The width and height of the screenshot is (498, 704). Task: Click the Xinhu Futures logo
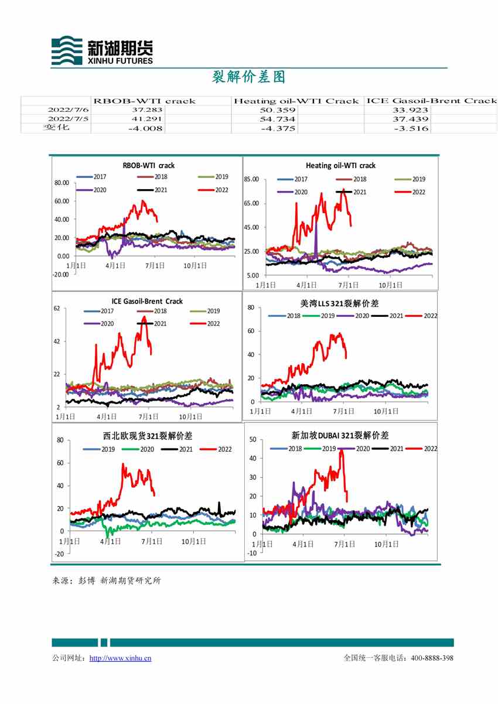coord(102,50)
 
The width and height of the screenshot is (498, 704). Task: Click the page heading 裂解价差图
coord(248,77)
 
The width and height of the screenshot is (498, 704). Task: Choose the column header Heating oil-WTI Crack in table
coord(295,101)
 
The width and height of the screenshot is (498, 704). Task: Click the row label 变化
coord(56,128)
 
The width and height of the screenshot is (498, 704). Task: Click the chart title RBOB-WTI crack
coord(148,166)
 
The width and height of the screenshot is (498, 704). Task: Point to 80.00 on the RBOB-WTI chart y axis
coord(61,183)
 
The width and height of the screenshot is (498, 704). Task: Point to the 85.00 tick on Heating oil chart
coord(251,179)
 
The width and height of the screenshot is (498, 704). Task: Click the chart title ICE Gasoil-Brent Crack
coord(146,301)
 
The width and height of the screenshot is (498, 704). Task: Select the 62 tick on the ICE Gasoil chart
coord(57,308)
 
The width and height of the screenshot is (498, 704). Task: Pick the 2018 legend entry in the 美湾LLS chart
coord(287,316)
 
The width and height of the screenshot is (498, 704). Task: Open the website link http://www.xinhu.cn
coord(120,658)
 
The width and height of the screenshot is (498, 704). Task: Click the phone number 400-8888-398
coord(432,658)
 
